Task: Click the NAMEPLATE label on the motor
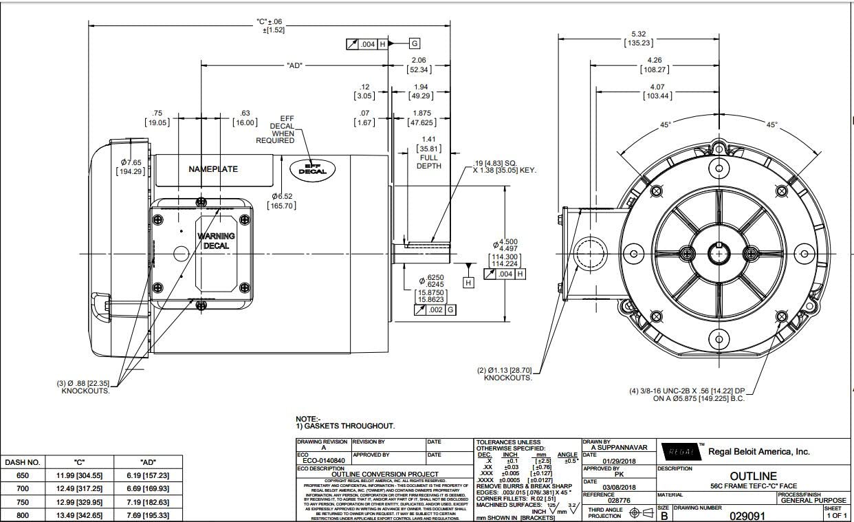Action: click(213, 169)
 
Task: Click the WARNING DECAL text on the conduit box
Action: click(216, 241)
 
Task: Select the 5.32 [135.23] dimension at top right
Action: click(638, 39)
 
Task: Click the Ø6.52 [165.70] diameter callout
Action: click(283, 201)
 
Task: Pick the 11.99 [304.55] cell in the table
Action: click(78, 475)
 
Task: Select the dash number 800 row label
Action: click(23, 515)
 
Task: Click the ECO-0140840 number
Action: click(322, 461)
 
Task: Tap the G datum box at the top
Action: click(414, 44)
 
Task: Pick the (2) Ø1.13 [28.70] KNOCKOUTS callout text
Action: click(507, 374)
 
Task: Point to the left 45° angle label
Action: click(665, 125)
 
